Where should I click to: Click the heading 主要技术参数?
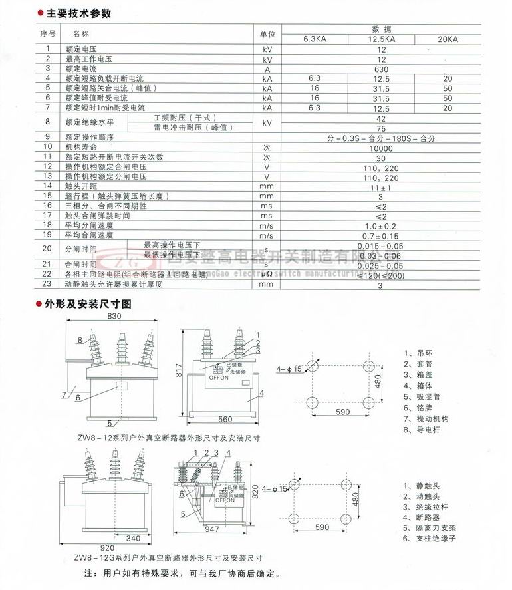pos(78,13)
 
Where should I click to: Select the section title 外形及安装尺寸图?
pos(88,303)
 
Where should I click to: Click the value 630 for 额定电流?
pos(382,69)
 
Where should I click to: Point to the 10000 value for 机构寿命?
pos(382,147)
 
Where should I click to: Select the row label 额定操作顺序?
pos(89,138)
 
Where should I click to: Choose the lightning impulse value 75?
pos(382,128)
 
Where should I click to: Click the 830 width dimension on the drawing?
pos(114,317)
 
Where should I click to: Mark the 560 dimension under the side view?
pos(225,420)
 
